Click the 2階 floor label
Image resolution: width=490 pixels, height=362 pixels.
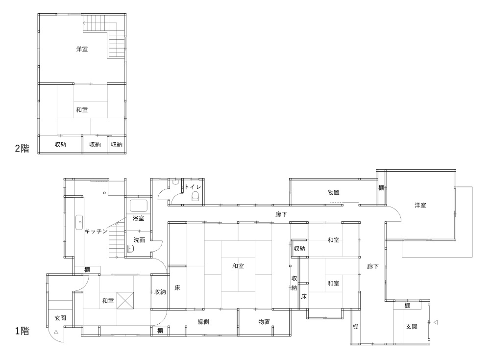tap(22, 148)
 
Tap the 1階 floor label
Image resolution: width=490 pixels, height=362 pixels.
tap(22, 331)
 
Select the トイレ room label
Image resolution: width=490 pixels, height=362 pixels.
tap(193, 187)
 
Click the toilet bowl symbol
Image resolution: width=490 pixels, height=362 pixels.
tap(196, 197)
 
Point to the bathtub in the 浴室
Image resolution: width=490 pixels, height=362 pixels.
tap(139, 206)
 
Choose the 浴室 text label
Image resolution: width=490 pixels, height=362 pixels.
tap(139, 218)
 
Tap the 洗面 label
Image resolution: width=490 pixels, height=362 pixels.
tap(139, 240)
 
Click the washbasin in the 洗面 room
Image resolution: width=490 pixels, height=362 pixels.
tap(130, 248)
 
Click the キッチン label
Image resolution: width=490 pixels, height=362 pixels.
tap(96, 231)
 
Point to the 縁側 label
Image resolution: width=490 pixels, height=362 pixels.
tap(203, 322)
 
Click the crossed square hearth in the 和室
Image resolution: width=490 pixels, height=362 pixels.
tap(125, 301)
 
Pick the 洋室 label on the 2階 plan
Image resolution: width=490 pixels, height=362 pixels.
tap(82, 49)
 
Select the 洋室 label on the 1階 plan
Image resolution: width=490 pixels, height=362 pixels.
tap(420, 205)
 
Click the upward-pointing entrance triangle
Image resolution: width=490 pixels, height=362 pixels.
tap(56, 332)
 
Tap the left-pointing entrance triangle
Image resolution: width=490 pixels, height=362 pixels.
tap(435, 322)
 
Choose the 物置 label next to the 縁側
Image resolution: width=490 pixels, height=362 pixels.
tap(264, 322)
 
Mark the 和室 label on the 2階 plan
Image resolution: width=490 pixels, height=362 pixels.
tap(82, 110)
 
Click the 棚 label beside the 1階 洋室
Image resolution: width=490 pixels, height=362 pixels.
tap(381, 188)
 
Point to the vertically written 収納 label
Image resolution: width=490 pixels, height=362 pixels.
tap(294, 283)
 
